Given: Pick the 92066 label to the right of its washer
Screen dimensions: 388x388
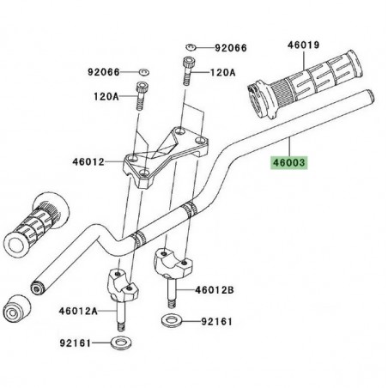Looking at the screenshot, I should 229,48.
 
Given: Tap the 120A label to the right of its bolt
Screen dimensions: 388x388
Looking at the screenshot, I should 222,75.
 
